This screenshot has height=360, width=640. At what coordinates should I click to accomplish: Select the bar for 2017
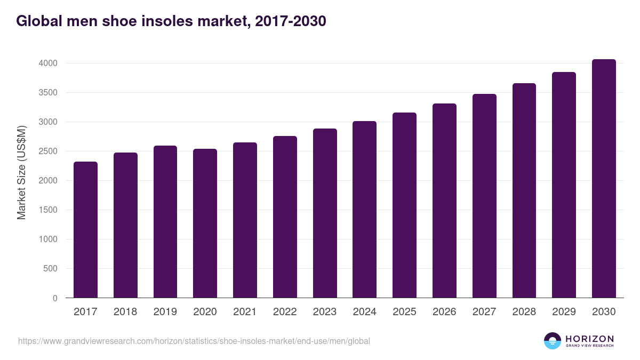(85, 229)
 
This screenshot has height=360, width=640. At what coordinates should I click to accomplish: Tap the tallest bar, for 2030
(604, 178)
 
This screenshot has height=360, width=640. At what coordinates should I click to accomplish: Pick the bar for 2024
(364, 209)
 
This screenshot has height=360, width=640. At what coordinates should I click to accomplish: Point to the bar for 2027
(484, 196)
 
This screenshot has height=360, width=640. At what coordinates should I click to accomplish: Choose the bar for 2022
(285, 217)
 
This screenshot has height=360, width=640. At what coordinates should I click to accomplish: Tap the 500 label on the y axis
(50, 269)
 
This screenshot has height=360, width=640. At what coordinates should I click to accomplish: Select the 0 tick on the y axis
(54, 298)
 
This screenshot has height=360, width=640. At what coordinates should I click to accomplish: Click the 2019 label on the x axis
(165, 312)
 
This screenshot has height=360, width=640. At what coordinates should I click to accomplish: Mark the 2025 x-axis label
(404, 312)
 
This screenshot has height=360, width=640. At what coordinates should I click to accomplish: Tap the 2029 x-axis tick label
(564, 312)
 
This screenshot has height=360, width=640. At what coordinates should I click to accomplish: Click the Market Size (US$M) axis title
(21, 172)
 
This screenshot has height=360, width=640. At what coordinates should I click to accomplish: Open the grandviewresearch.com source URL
(194, 341)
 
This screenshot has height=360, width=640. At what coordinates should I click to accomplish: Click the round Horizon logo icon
(553, 341)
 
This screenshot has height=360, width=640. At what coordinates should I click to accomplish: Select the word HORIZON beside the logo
(589, 338)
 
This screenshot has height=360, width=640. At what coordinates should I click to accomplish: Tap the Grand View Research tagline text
(589, 346)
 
